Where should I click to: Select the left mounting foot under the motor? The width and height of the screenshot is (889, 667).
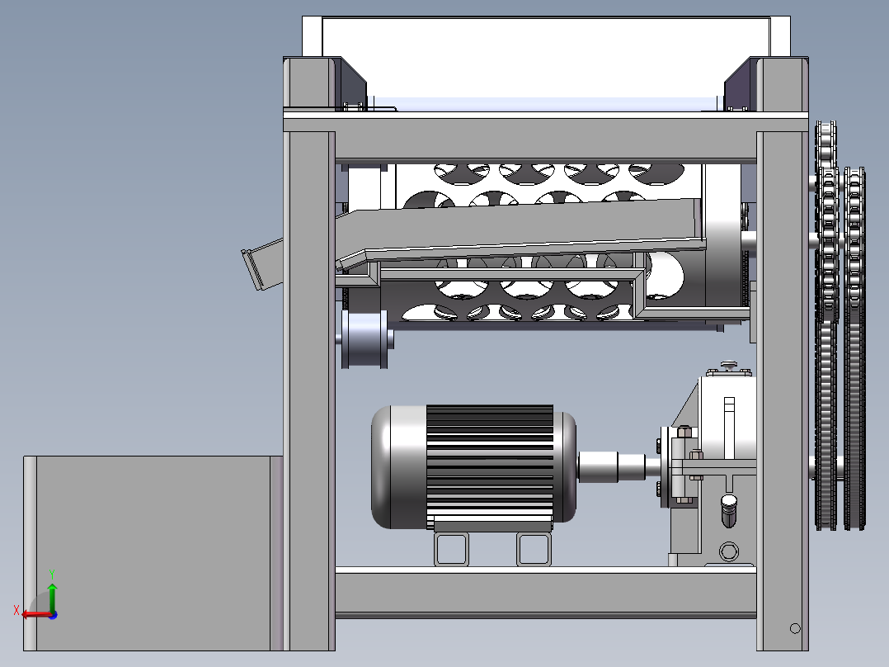[x=451, y=549]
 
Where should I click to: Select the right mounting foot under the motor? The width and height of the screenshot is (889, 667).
[x=534, y=549]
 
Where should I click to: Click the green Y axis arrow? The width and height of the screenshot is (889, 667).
[x=52, y=596]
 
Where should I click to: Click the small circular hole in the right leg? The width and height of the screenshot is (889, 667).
[x=795, y=628]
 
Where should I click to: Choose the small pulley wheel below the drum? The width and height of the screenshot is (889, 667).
[x=365, y=339]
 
